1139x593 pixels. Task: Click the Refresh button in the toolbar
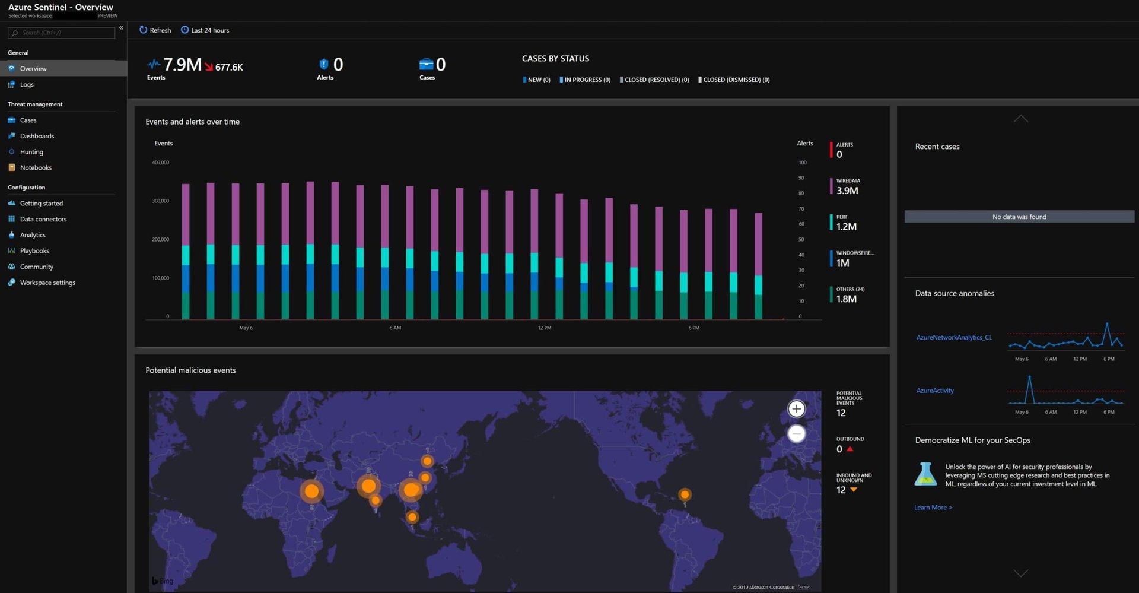(x=155, y=30)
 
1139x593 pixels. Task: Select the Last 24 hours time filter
(x=205, y=30)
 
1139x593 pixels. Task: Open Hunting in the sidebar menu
(x=31, y=152)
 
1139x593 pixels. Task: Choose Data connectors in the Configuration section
(x=43, y=219)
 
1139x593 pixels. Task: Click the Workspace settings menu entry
(x=47, y=283)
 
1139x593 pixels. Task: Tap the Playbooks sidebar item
(x=34, y=251)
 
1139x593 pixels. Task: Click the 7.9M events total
(x=182, y=65)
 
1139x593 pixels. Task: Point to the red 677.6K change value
(x=228, y=68)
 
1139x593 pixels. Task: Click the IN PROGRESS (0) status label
(x=586, y=80)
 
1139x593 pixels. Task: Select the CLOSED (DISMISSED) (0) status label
(x=735, y=80)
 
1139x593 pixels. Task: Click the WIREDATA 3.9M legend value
(x=847, y=191)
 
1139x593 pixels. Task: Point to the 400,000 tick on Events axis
(x=160, y=163)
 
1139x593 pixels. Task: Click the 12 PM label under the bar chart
(x=544, y=328)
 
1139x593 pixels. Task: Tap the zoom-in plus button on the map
(x=796, y=409)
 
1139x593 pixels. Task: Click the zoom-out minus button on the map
(x=796, y=434)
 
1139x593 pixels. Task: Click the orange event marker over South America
(x=685, y=494)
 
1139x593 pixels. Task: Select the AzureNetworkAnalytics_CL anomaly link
(x=953, y=337)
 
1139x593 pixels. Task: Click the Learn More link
(x=933, y=508)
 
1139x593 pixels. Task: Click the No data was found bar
(x=1019, y=217)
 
